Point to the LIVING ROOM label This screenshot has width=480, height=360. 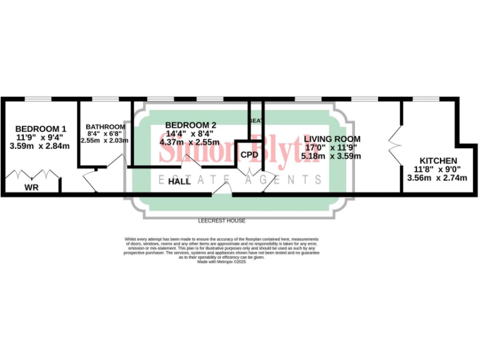tap(332, 139)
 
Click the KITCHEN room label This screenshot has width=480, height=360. tap(437, 161)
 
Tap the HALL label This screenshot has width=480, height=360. tap(179, 182)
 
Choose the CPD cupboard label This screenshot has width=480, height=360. tap(249, 154)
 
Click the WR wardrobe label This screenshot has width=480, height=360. tap(31, 187)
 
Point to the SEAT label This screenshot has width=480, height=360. tap(256, 120)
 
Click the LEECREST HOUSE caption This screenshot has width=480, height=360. tap(221, 221)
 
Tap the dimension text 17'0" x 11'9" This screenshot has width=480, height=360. tap(331, 147)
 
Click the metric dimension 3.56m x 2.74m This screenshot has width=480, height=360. tap(437, 177)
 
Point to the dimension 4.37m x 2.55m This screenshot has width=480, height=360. tap(189, 142)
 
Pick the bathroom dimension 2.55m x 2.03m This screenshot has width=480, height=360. tap(104, 141)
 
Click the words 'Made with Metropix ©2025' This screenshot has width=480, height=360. tap(222, 262)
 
